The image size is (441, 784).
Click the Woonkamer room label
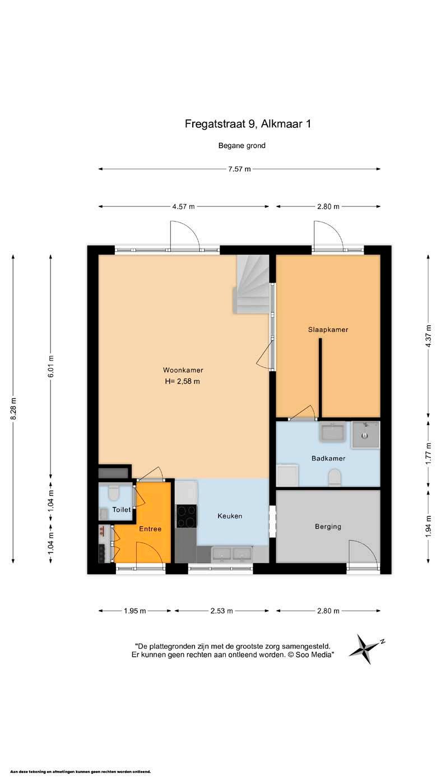tap(183, 370)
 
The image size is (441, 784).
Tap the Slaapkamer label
tap(328, 330)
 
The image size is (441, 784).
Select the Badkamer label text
tap(328, 459)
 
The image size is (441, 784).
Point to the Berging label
tap(328, 527)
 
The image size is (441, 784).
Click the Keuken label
tap(230, 516)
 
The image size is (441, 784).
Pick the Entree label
tap(150, 529)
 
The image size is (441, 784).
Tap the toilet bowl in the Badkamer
tap(335, 477)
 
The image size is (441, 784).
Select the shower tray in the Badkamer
tap(365, 435)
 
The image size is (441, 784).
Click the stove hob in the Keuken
tap(187, 516)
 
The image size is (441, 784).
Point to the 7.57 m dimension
tap(239, 169)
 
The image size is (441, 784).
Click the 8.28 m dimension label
tap(13, 409)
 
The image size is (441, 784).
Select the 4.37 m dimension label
tap(429, 335)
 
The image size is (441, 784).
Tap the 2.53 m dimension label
tap(222, 611)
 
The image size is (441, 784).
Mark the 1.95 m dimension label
tap(135, 611)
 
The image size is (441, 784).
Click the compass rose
tap(365, 649)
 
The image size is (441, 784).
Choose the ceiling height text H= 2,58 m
tap(183, 381)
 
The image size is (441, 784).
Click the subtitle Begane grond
tap(242, 146)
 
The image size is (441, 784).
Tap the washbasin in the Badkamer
tap(333, 431)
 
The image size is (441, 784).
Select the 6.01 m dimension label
tap(51, 366)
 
